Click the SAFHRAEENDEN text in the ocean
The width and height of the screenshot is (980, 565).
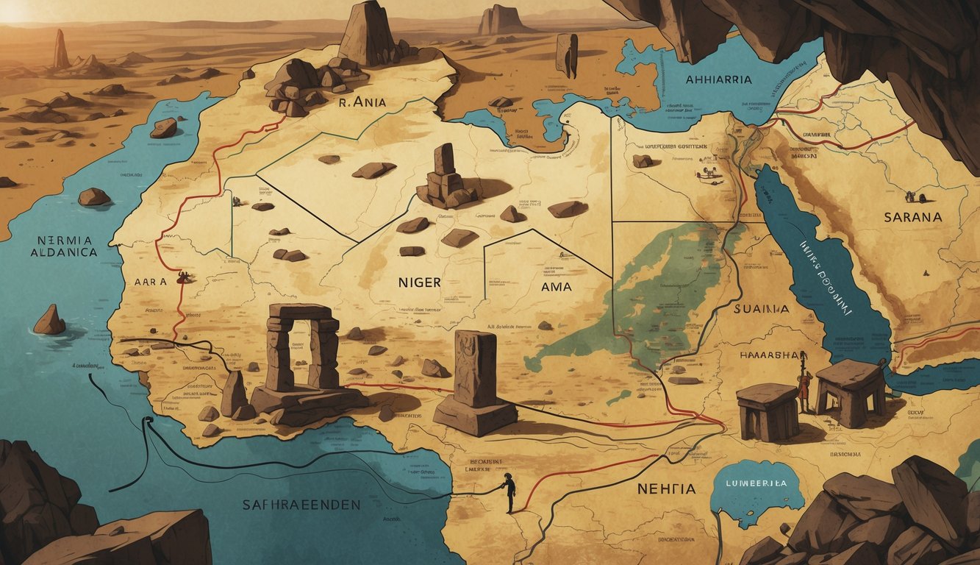(301, 505)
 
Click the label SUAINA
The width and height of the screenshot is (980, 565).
(761, 310)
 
